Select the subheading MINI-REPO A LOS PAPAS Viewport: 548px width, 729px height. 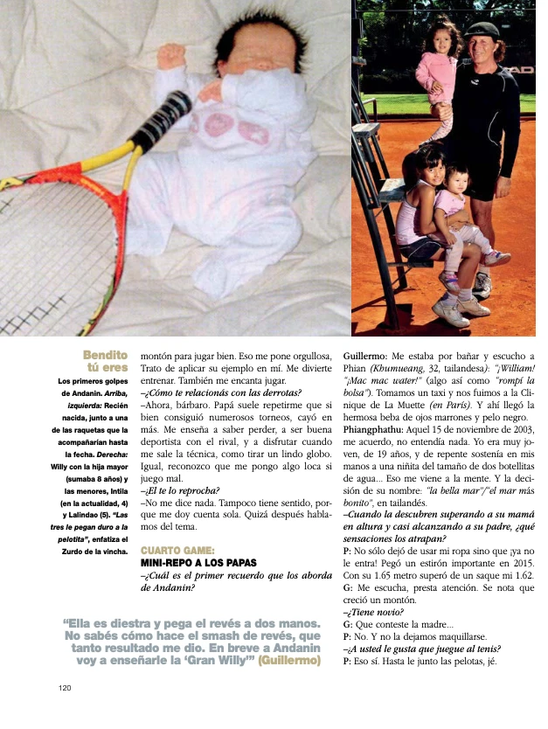(x=193, y=564)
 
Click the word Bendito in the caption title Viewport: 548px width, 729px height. (x=105, y=355)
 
